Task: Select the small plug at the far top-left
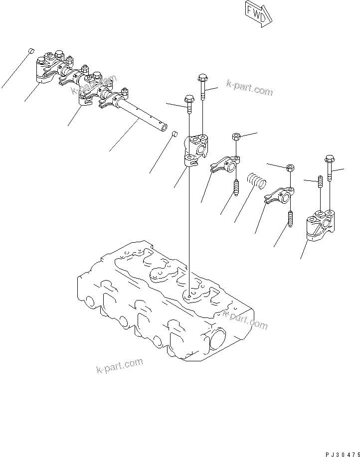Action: point(30,51)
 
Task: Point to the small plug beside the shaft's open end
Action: point(175,134)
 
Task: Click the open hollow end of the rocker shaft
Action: point(163,128)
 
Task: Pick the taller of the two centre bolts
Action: point(203,88)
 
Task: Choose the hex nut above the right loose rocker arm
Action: point(290,168)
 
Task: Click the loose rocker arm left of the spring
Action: point(224,165)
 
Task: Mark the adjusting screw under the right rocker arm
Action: point(291,218)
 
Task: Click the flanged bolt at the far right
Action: point(330,169)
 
